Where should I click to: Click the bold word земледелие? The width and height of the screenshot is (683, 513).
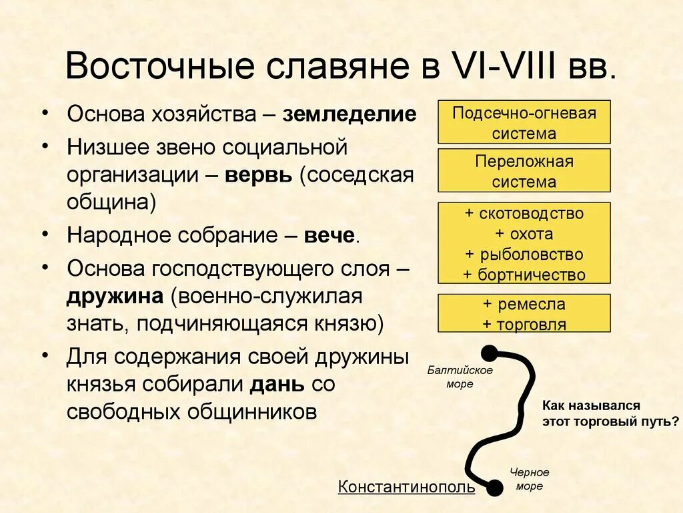click(350, 114)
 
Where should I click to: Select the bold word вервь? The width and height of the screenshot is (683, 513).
click(258, 176)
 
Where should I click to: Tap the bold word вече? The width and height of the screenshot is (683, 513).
click(329, 235)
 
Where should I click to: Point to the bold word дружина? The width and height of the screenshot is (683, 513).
click(115, 297)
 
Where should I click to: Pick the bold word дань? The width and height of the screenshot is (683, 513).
click(278, 384)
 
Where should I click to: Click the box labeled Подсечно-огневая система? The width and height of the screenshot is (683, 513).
click(524, 122)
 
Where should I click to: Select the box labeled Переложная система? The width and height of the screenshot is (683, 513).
click(524, 171)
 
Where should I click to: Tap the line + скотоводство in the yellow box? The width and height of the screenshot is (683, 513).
click(524, 214)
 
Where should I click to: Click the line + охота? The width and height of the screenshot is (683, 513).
click(524, 234)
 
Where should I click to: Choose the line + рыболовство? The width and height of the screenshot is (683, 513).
click(524, 254)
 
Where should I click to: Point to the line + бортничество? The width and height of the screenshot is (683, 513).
click(524, 275)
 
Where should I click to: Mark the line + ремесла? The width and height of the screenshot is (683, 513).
click(524, 305)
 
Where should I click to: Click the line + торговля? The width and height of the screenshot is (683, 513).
click(524, 325)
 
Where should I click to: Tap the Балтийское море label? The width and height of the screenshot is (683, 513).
click(460, 377)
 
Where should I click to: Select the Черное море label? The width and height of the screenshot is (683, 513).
click(529, 479)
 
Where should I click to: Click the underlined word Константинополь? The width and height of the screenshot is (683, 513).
click(406, 487)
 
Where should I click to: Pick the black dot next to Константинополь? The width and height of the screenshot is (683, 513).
click(494, 488)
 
